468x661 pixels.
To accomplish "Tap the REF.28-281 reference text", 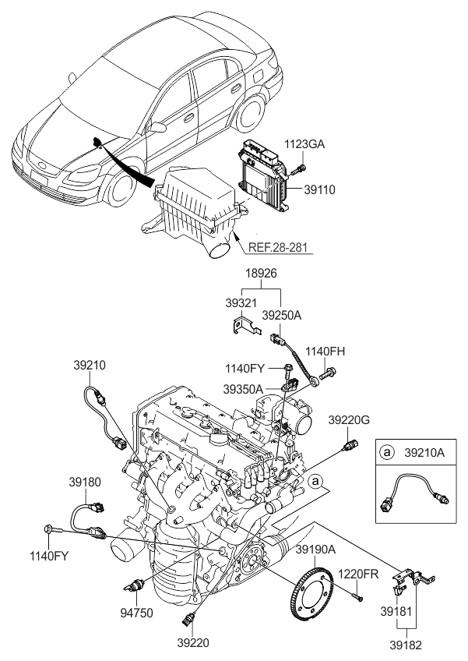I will (x=280, y=249).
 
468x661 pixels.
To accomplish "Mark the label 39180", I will (x=86, y=482).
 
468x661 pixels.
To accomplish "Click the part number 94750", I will (x=136, y=613).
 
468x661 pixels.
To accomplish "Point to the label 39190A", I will (x=315, y=550).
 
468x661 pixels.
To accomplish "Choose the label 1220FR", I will (x=357, y=574).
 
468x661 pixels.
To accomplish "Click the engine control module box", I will (x=264, y=171).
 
